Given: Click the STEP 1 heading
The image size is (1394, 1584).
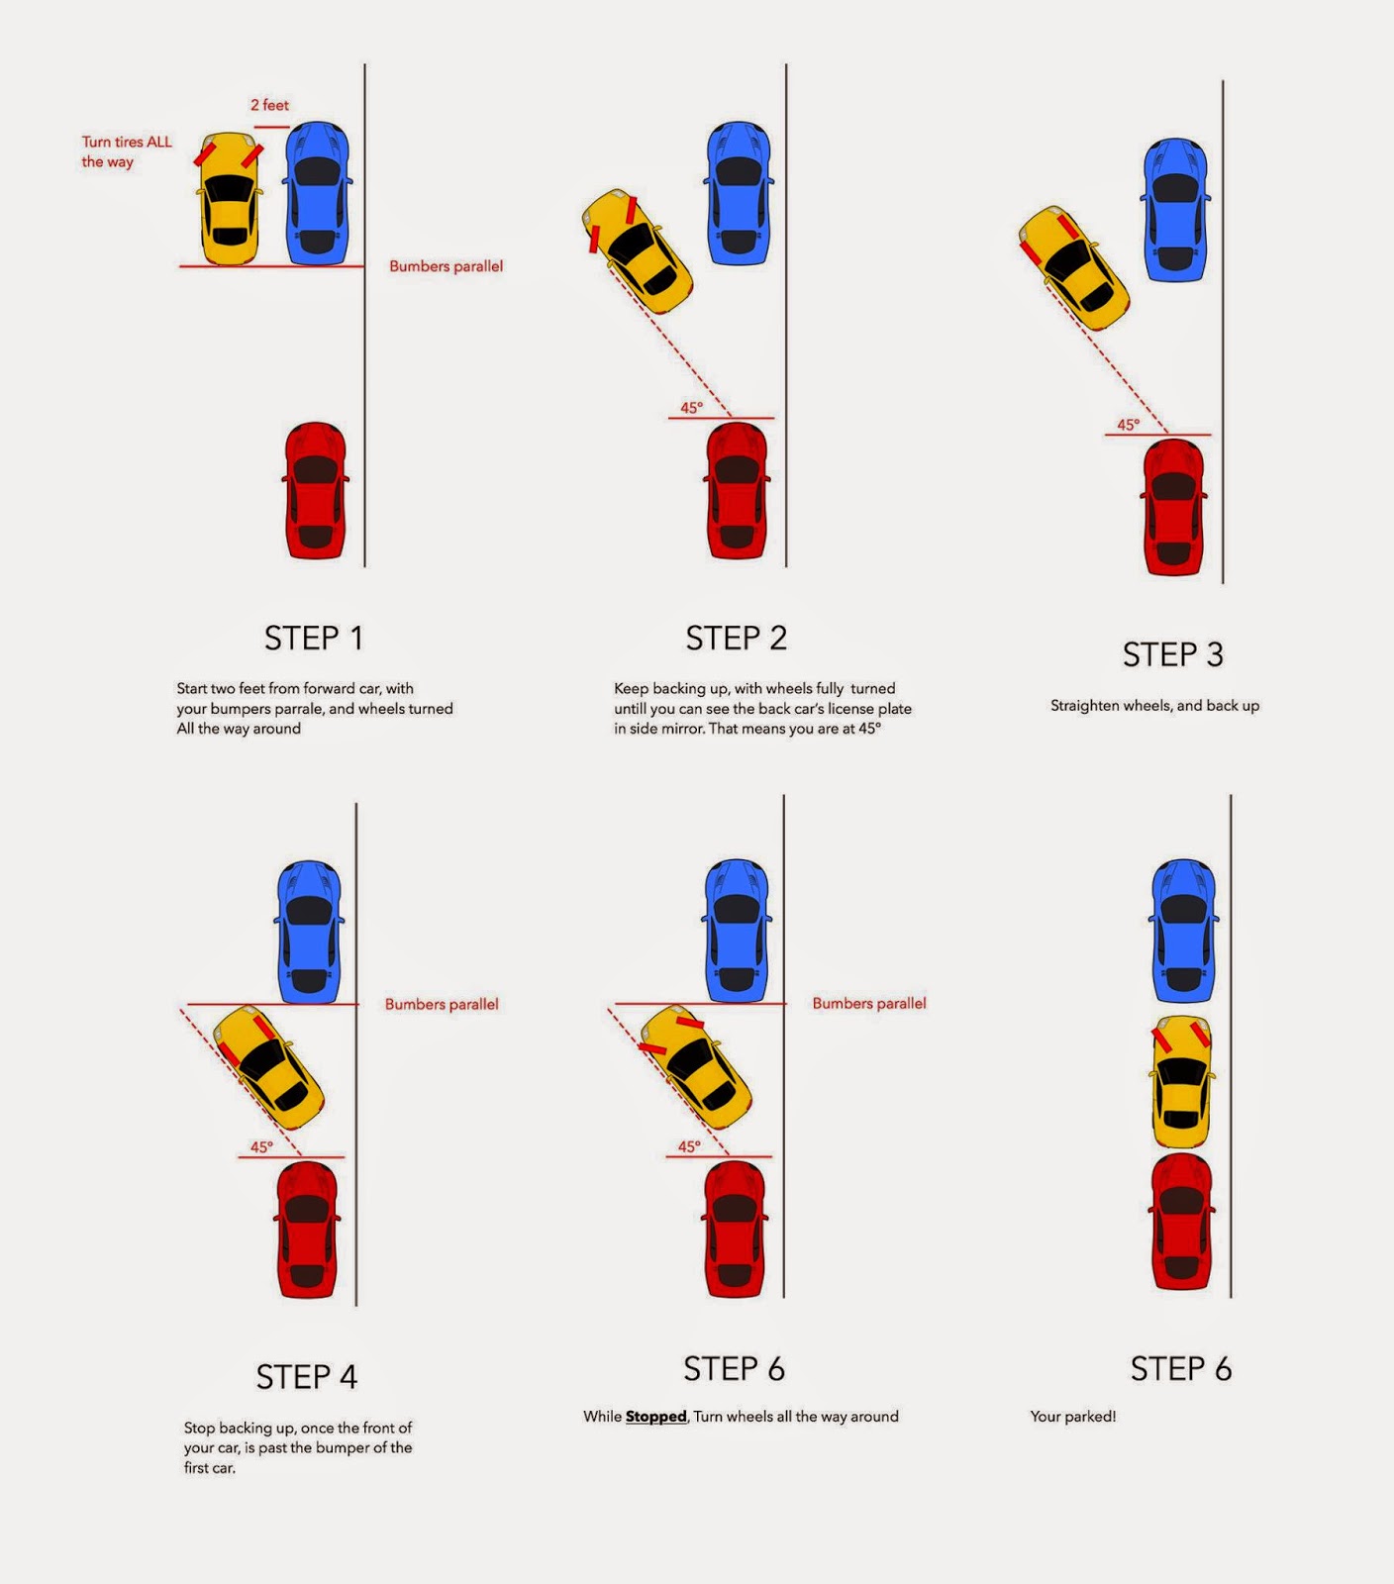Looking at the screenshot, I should (313, 639).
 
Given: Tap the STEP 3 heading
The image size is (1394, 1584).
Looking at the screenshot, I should (1172, 655).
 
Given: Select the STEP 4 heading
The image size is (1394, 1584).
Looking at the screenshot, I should (306, 1377).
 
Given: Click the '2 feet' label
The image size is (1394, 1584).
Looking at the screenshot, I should (269, 105).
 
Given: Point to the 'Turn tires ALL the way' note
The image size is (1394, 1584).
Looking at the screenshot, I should (126, 151).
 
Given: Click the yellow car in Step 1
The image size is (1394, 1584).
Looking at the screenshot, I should (230, 199).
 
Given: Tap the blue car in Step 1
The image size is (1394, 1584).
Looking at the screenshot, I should (317, 192).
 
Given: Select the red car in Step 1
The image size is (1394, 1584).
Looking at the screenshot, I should (316, 490).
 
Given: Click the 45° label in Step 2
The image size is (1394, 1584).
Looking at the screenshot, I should (691, 408).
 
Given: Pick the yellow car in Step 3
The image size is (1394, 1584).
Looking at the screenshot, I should (1074, 267).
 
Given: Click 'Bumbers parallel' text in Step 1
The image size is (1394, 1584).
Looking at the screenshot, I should (446, 266).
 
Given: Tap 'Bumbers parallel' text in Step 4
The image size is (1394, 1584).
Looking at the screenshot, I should (442, 1004).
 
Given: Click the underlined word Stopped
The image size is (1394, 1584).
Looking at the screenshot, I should (655, 1417).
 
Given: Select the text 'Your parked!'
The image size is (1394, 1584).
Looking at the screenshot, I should (1072, 1417).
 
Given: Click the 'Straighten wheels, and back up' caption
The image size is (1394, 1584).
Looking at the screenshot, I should (1154, 706).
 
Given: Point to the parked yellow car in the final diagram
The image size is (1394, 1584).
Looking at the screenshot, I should (1183, 1081).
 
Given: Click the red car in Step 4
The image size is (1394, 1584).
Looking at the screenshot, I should (307, 1229).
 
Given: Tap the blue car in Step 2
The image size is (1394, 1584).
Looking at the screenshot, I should (739, 192).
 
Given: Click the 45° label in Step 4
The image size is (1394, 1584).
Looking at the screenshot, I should (261, 1146).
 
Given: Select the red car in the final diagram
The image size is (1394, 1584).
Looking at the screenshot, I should (1183, 1221).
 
